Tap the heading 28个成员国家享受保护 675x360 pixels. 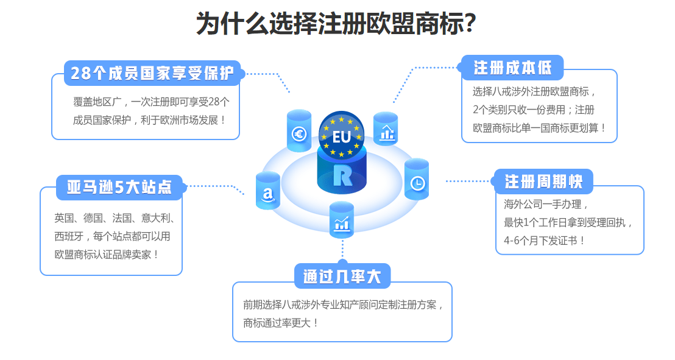click(x=152, y=73)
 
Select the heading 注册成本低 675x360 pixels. click(x=512, y=67)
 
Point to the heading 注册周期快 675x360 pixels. click(x=543, y=181)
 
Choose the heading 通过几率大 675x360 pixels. click(x=342, y=276)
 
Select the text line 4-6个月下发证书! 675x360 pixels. click(x=545, y=240)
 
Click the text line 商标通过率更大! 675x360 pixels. click(x=281, y=323)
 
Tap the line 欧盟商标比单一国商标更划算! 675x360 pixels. click(x=539, y=128)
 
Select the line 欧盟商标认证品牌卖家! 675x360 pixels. click(x=107, y=254)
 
